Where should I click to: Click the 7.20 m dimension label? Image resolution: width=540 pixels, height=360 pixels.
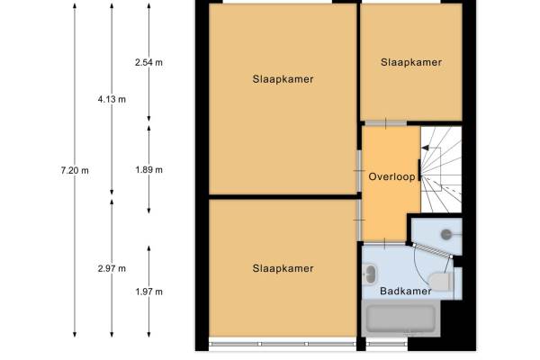pyautogui.click(x=75, y=170)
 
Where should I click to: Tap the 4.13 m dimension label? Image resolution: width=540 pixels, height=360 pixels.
pyautogui.click(x=112, y=100)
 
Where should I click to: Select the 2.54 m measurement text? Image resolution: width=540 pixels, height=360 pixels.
pyautogui.click(x=148, y=62)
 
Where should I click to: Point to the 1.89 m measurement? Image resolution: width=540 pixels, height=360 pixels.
pyautogui.click(x=148, y=170)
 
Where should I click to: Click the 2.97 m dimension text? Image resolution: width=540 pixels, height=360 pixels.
pyautogui.click(x=112, y=268)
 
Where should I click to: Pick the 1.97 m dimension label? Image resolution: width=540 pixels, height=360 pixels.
pyautogui.click(x=148, y=292)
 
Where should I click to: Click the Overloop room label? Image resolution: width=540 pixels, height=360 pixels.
pyautogui.click(x=391, y=176)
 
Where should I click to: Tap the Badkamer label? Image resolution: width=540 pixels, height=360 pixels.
pyautogui.click(x=406, y=291)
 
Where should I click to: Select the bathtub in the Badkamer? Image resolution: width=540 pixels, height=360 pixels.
pyautogui.click(x=400, y=318)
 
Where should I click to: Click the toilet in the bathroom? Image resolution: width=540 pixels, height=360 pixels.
pyautogui.click(x=442, y=281)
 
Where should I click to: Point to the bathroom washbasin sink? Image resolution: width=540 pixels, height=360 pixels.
pyautogui.click(x=370, y=274)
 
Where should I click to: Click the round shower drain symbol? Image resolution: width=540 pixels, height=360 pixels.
pyautogui.click(x=446, y=235)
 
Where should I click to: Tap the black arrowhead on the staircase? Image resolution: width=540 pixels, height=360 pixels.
pyautogui.click(x=426, y=148)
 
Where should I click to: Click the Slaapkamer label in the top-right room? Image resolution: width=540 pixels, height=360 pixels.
pyautogui.click(x=411, y=62)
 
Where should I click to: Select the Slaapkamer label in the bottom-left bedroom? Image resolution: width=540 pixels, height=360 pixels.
pyautogui.click(x=283, y=268)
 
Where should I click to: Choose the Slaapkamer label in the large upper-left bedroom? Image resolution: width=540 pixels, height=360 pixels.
pyautogui.click(x=283, y=79)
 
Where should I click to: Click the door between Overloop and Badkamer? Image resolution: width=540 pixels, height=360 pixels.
pyautogui.click(x=385, y=243)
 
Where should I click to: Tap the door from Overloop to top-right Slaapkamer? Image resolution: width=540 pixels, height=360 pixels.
pyautogui.click(x=386, y=123)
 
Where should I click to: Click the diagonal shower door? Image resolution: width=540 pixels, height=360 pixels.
pyautogui.click(x=433, y=250)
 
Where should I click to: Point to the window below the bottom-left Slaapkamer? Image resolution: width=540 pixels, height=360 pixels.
pyautogui.click(x=283, y=344)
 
